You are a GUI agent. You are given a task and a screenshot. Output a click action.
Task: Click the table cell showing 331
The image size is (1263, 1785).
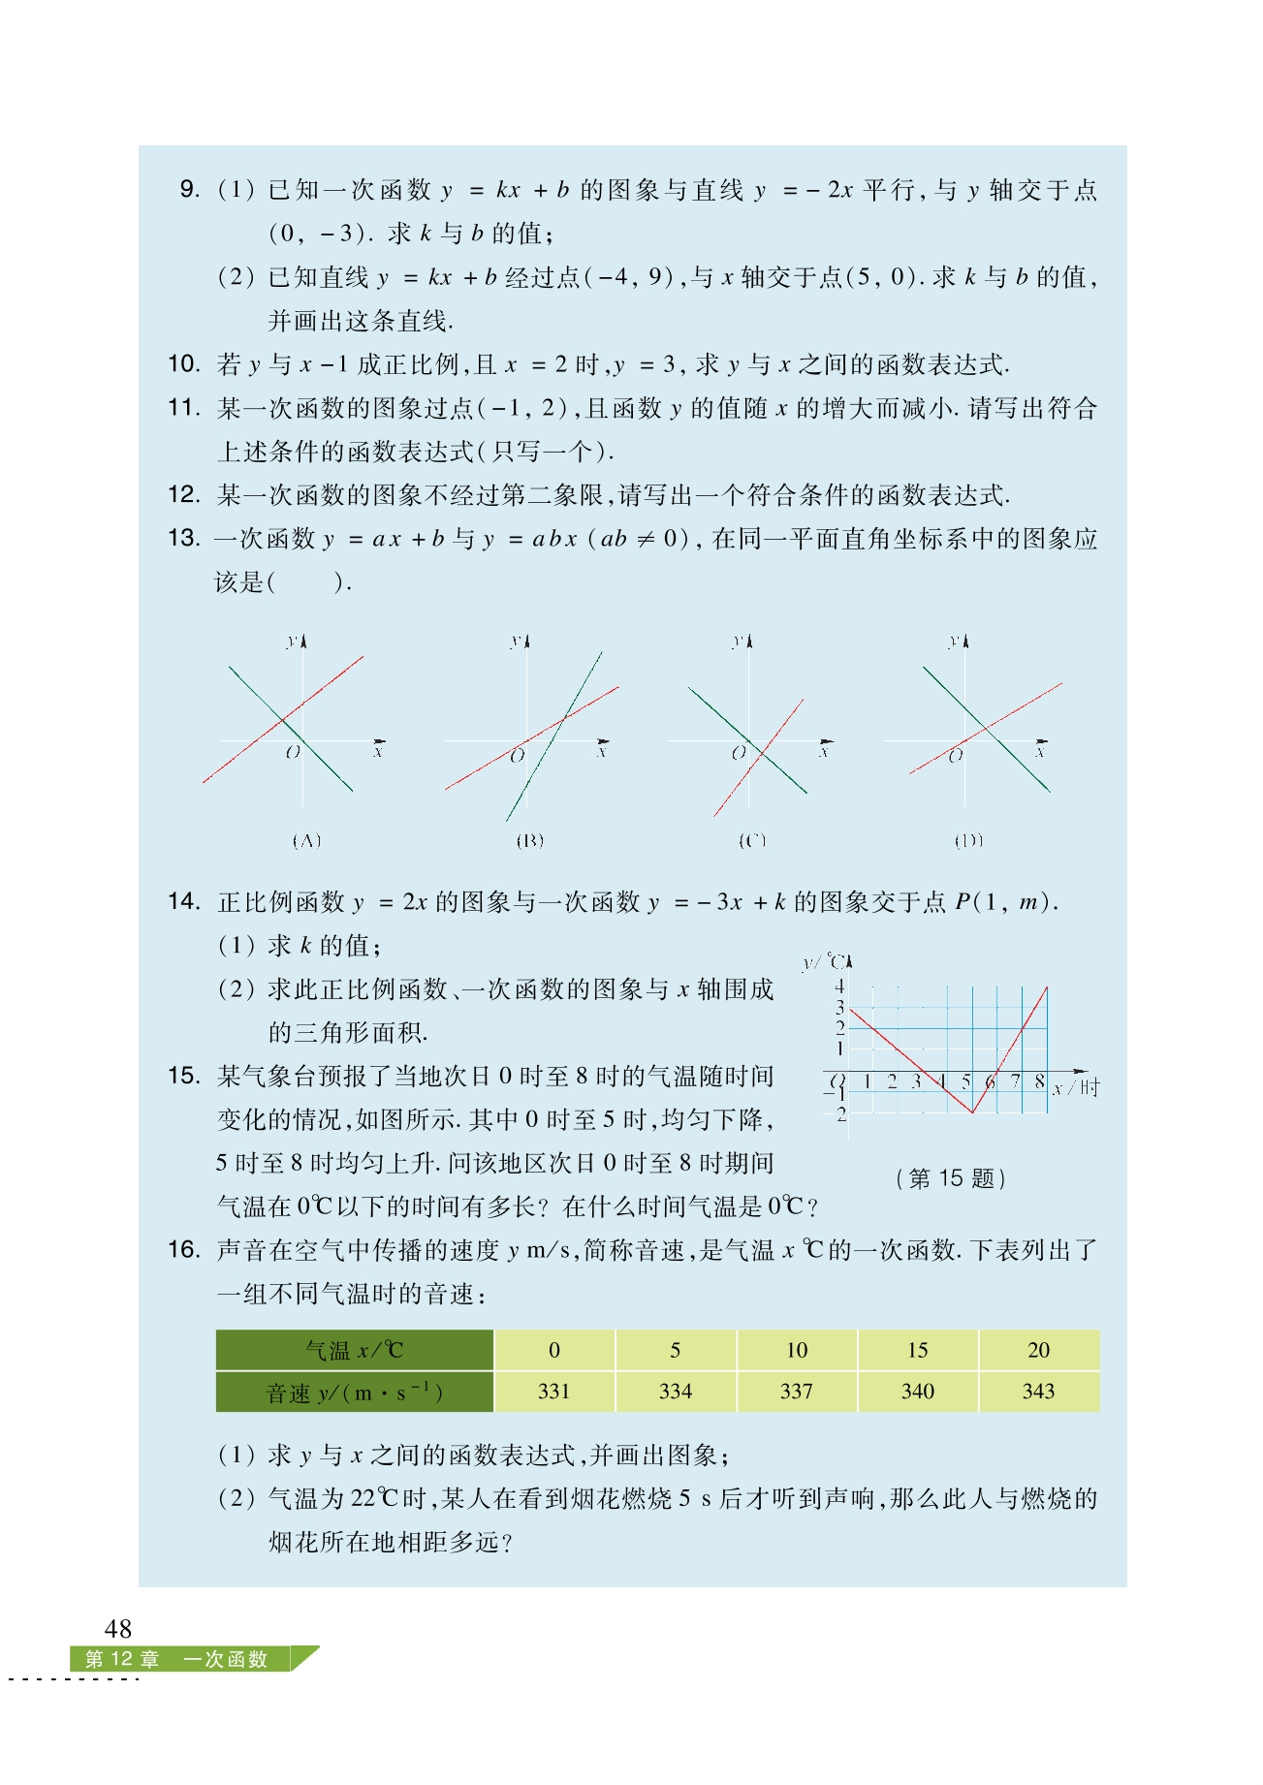coord(553,1392)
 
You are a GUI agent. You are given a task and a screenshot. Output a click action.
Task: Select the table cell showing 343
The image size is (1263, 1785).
coord(1038,1392)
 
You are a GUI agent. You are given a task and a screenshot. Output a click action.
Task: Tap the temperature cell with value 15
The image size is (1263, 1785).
coord(917,1350)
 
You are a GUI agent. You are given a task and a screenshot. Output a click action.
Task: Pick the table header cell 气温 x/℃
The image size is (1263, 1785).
coord(354,1350)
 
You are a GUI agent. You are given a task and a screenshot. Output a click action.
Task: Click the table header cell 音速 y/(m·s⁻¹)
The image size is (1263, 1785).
coord(354,1393)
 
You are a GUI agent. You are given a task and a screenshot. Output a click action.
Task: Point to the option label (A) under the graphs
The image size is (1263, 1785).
coord(306,841)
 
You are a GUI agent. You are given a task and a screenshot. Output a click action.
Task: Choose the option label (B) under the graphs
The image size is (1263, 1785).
coord(529,841)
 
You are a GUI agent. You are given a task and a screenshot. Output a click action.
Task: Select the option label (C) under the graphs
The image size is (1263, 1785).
coord(752,841)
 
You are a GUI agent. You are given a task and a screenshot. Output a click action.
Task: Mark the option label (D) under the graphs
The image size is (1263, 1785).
coord(968,841)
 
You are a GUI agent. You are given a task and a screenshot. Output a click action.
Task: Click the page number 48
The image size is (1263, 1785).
coord(118,1628)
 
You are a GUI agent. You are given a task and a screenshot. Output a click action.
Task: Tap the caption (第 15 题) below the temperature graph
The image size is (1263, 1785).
coord(951,1178)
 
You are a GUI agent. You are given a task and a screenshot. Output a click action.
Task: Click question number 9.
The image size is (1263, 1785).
coord(190,189)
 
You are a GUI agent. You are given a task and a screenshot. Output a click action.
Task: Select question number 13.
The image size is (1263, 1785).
coord(184,538)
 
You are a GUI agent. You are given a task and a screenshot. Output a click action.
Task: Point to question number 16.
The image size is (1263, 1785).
coord(184,1250)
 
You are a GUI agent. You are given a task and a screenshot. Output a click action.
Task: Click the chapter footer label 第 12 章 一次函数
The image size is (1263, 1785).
coord(176,1659)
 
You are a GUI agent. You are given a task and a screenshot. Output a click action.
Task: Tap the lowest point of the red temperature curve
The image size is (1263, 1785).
coord(972,1112)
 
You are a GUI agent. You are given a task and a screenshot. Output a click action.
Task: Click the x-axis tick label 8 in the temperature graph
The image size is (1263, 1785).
coord(1039,1081)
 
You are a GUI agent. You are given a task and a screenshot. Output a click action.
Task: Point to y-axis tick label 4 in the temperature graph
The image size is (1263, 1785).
coord(839,987)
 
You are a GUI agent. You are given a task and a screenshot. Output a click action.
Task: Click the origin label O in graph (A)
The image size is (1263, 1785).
coord(293,753)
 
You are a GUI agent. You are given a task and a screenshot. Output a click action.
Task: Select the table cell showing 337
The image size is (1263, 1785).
coord(796,1392)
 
